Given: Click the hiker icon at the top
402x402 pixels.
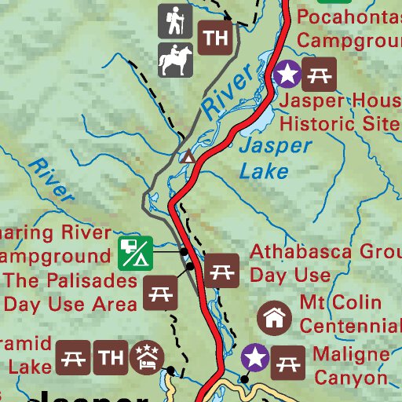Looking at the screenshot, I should pos(174,21).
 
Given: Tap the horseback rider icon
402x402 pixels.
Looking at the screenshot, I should pos(174,60).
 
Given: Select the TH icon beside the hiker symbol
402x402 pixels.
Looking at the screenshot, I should pos(214,37).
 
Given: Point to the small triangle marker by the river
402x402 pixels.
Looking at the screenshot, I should pos(188,157).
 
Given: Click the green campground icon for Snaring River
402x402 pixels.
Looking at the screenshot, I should pos(135,252).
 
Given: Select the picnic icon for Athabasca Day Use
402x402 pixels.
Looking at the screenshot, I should pos(221,269).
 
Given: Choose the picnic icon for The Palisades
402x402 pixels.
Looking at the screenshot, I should pos(162,294).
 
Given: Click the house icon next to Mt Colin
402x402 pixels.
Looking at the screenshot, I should pos(274,318).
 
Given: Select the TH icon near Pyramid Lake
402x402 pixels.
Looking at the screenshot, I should pos(109,359).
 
